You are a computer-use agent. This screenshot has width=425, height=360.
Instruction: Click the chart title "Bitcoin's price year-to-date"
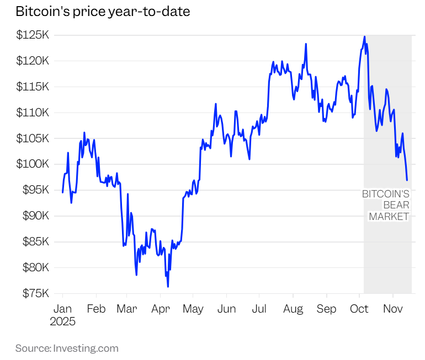click(x=103, y=12)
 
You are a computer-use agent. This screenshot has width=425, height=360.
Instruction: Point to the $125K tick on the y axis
click(x=33, y=35)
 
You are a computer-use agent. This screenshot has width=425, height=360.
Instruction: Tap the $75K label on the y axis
click(x=34, y=293)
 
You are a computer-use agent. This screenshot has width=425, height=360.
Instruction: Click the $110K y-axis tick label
click(x=33, y=112)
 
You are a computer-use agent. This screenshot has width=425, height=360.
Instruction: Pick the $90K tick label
click(x=34, y=216)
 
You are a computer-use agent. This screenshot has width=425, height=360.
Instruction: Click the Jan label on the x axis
click(x=62, y=309)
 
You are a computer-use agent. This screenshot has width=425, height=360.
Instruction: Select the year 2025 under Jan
click(x=62, y=321)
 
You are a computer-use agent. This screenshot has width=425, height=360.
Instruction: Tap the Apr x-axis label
click(x=160, y=309)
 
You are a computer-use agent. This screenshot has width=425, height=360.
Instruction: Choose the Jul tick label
click(x=259, y=309)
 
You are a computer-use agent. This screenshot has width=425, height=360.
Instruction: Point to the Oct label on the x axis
click(x=359, y=309)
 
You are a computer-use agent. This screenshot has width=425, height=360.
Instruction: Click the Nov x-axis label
click(x=392, y=309)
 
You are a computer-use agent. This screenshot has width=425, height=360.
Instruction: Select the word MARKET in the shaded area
click(x=389, y=216)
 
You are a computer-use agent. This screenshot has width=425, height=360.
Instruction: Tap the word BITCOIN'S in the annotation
click(x=385, y=194)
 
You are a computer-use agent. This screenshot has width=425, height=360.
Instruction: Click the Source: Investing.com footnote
click(x=67, y=348)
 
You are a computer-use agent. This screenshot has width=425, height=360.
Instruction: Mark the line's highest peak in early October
click(x=364, y=36)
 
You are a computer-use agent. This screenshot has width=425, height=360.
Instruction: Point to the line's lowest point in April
click(x=168, y=286)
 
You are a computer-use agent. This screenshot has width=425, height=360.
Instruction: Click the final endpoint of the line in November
click(x=407, y=180)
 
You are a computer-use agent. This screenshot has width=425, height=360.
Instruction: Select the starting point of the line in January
click(x=62, y=192)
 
